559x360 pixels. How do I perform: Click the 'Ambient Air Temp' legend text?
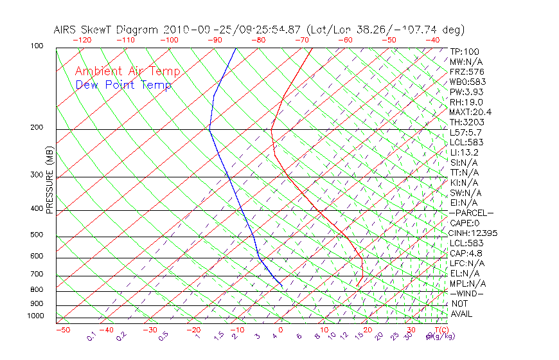coord(127,72)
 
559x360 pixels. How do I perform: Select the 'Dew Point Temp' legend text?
coord(123,85)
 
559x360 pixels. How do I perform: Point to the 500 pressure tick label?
coord(36,235)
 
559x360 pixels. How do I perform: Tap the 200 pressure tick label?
coord(36,128)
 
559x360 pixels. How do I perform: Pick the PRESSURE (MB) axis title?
coord(49,180)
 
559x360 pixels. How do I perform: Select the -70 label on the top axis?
coord(301,40)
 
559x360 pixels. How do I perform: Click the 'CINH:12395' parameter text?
coord(474,233)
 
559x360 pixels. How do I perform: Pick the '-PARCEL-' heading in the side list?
coord(471,213)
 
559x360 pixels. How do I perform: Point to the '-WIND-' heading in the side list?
coord(467,294)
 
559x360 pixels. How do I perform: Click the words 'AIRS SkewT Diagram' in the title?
coord(107,30)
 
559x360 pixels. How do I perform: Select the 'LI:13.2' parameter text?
coord(465,152)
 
